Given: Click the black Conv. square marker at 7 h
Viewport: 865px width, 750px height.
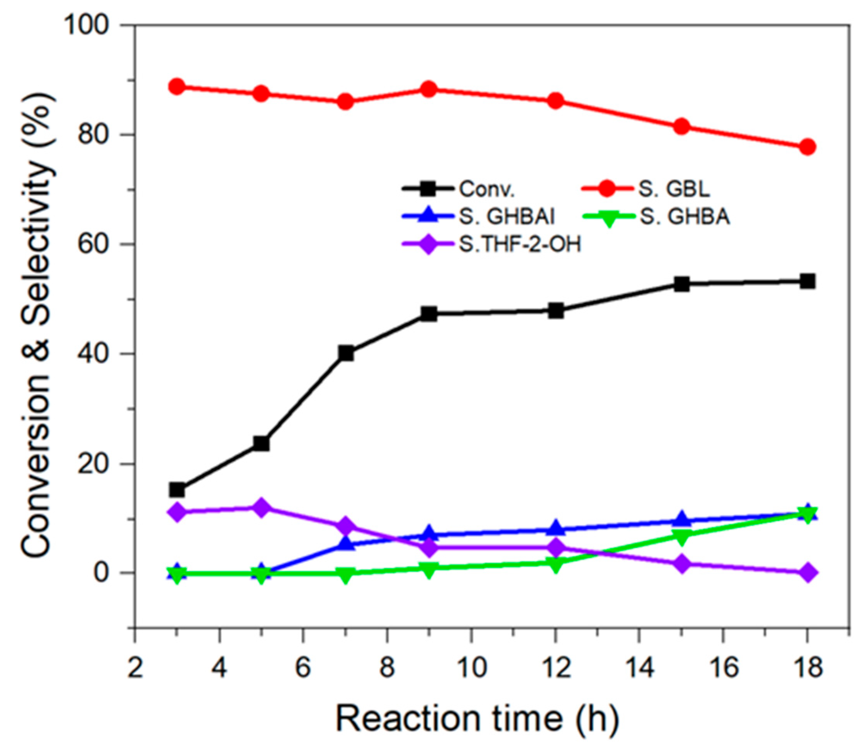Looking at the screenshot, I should click(346, 353).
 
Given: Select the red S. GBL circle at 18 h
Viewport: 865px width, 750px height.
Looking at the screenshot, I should click(808, 147).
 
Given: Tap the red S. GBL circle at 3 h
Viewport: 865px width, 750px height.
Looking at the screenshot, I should click(177, 87).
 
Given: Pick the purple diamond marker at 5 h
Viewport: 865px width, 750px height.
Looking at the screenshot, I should click(261, 508).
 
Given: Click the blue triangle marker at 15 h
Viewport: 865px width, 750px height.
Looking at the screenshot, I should click(681, 519).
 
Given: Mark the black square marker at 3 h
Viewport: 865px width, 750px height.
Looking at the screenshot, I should click(177, 489).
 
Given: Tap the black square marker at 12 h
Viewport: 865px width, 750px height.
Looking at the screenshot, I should click(556, 311).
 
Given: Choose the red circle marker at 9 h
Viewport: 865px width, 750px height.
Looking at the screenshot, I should click(429, 89).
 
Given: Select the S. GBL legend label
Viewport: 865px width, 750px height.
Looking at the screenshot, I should click(674, 189).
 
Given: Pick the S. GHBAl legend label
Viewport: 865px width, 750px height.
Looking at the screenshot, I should click(506, 217).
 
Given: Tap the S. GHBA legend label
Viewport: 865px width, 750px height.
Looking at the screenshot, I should click(685, 217).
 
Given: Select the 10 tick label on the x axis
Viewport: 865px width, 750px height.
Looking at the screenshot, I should click(472, 667).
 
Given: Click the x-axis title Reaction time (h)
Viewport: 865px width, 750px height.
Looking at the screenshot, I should click(477, 719).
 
